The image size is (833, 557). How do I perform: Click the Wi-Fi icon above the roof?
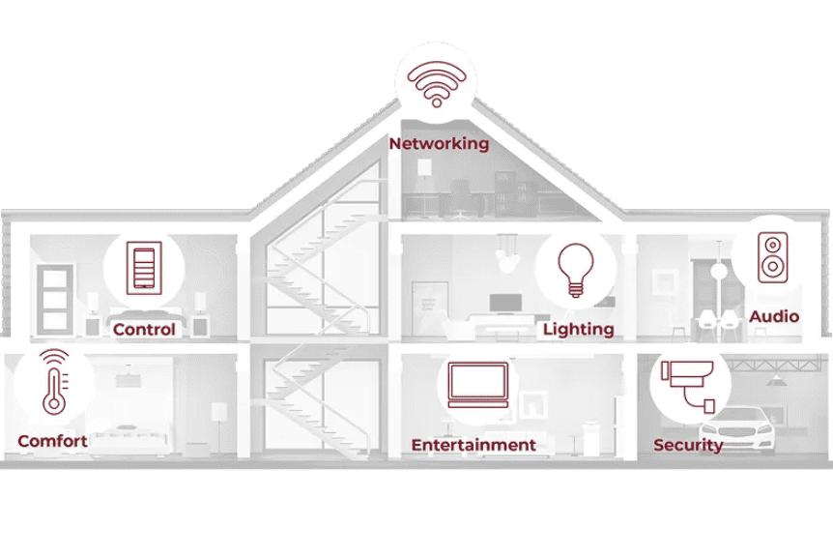coord(436,84)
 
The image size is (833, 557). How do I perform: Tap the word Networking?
coord(439,143)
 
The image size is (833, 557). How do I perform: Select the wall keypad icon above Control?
coord(144,267)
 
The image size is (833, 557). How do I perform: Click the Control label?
coord(144,330)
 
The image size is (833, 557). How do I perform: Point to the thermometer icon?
coord(55,382)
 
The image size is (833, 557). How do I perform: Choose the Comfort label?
coord(52,441)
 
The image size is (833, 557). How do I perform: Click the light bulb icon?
coord(575,270)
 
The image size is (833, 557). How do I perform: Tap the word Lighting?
coord(579,330)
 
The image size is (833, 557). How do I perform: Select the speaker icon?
coord(772,257)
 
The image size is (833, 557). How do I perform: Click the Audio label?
coord(774,317)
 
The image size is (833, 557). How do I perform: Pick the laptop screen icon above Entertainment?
coord(478,385)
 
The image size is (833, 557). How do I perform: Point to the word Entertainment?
coord(474,445)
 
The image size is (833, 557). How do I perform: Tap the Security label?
coord(688,445)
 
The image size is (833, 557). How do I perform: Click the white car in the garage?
coord(737,429)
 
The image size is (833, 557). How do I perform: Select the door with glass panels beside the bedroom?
coord(55,300)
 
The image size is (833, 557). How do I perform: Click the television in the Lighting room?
coord(505,304)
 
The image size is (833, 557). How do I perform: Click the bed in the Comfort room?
coord(129,437)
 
